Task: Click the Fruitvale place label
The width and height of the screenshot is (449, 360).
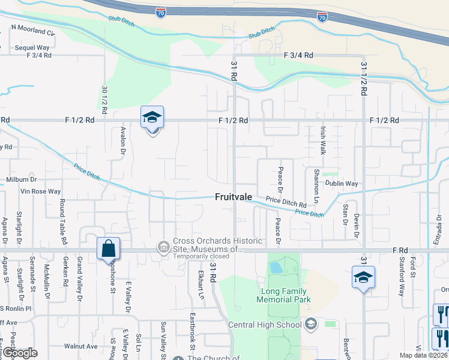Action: (234, 197)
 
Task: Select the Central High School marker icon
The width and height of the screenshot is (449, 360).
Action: (310, 325)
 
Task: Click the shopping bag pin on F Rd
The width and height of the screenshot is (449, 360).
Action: (109, 248)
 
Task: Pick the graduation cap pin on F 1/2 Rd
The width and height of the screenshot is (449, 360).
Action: (152, 118)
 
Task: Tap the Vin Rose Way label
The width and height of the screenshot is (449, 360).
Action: (41, 191)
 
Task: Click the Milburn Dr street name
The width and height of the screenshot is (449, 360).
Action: (22, 179)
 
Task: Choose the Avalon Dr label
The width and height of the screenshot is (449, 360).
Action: (122, 140)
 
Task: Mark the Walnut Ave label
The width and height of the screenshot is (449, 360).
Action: (81, 346)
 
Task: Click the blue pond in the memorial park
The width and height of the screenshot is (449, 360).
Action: (276, 267)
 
